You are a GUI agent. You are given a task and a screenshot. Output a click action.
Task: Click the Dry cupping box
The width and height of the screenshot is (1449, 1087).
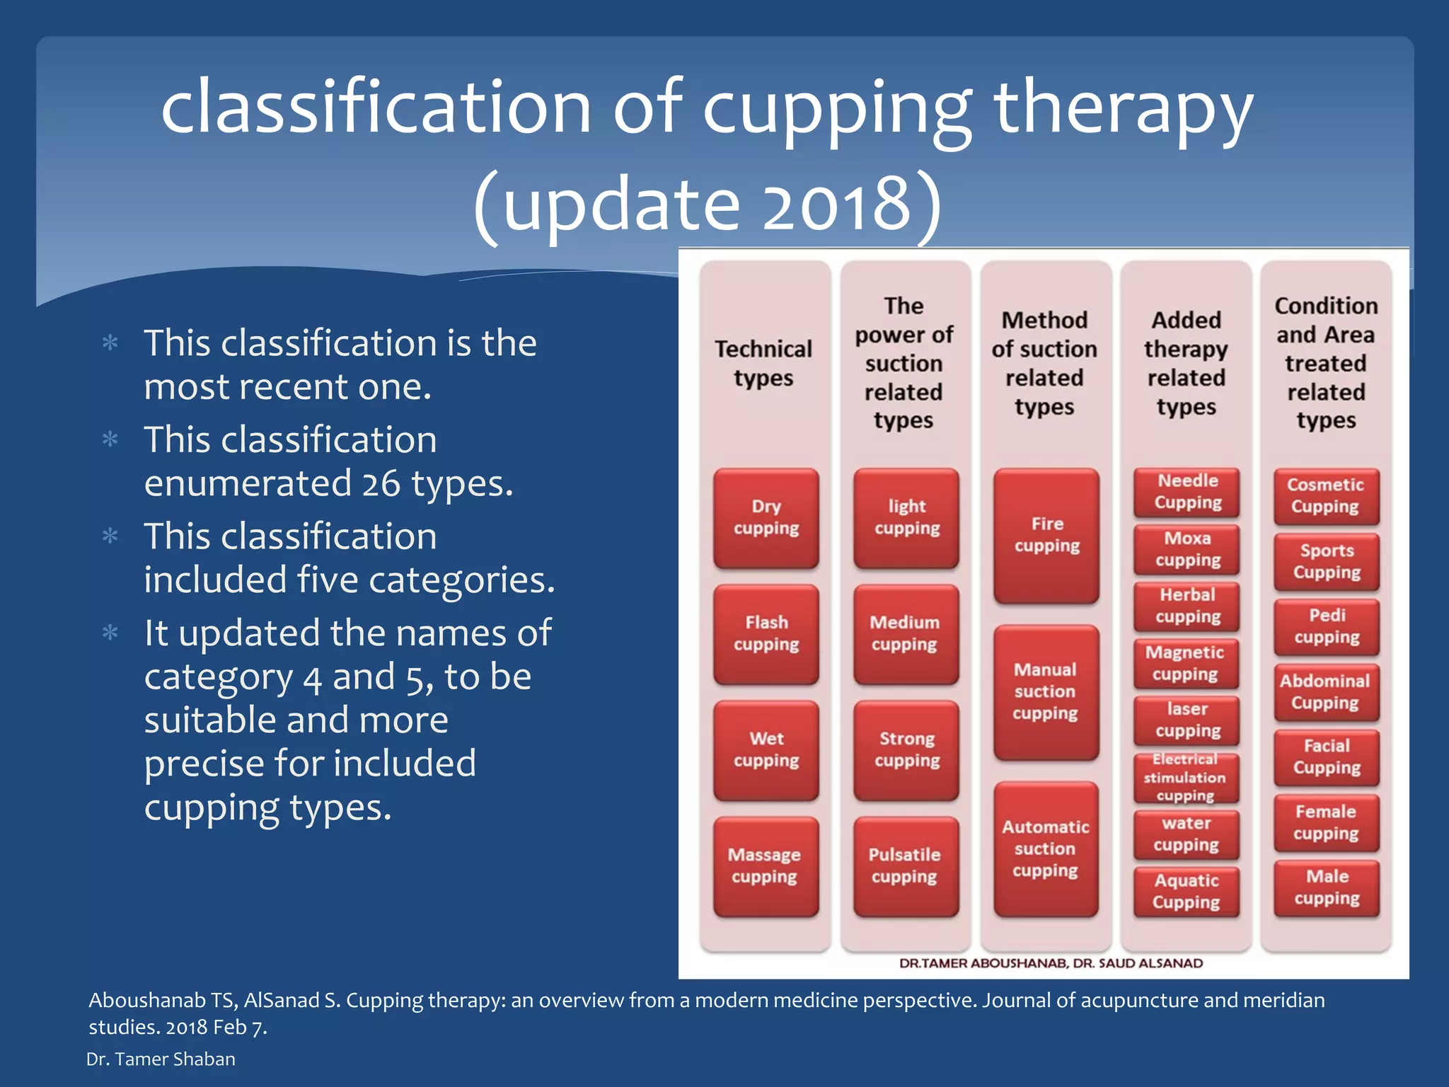click(766, 518)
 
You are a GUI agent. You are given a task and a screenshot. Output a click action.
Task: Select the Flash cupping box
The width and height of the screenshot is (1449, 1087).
click(766, 634)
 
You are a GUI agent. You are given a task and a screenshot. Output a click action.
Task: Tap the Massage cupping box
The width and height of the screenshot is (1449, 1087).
click(766, 866)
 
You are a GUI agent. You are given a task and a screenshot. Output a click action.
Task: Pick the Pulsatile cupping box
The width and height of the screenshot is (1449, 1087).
click(906, 866)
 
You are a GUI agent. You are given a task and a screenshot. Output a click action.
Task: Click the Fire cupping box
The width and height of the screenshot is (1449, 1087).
click(1046, 536)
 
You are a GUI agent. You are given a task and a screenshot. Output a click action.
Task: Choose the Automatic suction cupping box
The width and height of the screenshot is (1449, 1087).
click(1046, 849)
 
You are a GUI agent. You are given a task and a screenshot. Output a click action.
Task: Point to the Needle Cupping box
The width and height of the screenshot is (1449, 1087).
click(1187, 492)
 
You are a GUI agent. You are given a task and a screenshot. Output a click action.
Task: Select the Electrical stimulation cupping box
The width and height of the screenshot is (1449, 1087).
click(1186, 778)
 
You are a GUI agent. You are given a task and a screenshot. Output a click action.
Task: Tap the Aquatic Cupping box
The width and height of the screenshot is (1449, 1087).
click(1186, 892)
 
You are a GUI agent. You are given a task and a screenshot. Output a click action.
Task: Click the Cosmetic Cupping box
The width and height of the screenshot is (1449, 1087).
click(1326, 496)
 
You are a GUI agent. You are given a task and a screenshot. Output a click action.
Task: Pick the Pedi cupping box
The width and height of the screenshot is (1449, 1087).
click(1327, 627)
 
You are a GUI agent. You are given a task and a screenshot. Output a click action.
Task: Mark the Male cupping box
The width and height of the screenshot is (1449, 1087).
click(1327, 888)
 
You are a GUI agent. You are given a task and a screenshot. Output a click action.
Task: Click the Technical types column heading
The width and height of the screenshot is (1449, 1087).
click(764, 363)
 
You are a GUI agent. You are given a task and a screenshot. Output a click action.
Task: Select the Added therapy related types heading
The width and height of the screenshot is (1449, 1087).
click(1186, 363)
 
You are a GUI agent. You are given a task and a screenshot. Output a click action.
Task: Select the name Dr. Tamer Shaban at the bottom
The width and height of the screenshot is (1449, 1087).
click(161, 1059)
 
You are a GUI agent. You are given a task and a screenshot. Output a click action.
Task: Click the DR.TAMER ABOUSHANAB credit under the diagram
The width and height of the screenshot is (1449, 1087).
click(983, 963)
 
